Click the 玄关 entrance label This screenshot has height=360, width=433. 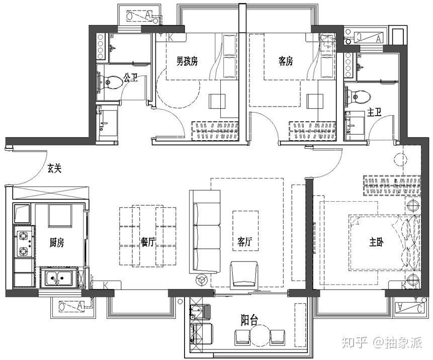(x=54, y=168)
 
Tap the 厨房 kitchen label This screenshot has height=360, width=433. (x=57, y=243)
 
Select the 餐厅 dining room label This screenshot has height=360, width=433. (x=148, y=242)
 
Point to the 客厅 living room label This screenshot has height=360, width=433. (x=245, y=242)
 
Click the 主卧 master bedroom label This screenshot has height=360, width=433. (x=376, y=242)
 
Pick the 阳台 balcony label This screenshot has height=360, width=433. (x=249, y=321)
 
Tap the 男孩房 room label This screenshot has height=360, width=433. (x=187, y=61)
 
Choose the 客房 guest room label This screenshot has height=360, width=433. (x=286, y=61)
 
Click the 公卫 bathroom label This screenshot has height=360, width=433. (x=130, y=78)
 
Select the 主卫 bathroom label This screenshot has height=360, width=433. (x=374, y=112)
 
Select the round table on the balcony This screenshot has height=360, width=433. (x=259, y=334)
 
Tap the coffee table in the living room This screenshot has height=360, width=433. (x=245, y=231)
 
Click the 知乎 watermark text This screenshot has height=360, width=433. (x=355, y=343)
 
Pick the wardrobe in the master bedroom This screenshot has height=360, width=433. (x=392, y=186)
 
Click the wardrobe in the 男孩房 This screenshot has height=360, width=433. (x=215, y=131)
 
